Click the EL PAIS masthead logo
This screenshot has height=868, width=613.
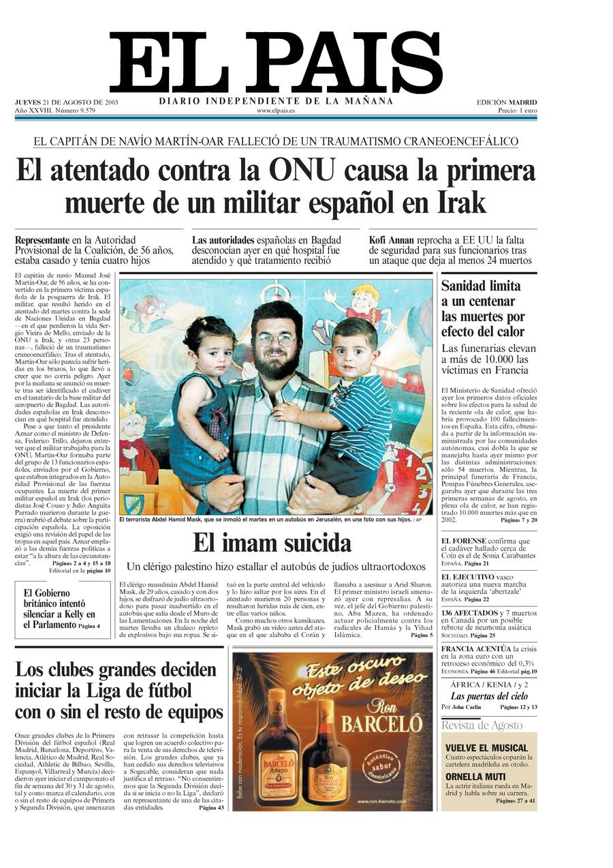[275, 63]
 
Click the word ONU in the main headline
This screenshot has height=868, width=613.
[301, 170]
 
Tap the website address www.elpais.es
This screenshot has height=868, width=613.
[276, 110]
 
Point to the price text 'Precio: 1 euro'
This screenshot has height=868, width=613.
[517, 110]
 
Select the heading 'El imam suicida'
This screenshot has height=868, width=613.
[272, 543]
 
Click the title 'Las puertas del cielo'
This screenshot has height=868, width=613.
[489, 696]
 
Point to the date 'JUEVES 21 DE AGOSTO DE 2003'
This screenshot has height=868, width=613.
[66, 102]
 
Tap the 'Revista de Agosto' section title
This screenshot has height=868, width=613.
[482, 725]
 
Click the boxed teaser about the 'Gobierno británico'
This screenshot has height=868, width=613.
[62, 609]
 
